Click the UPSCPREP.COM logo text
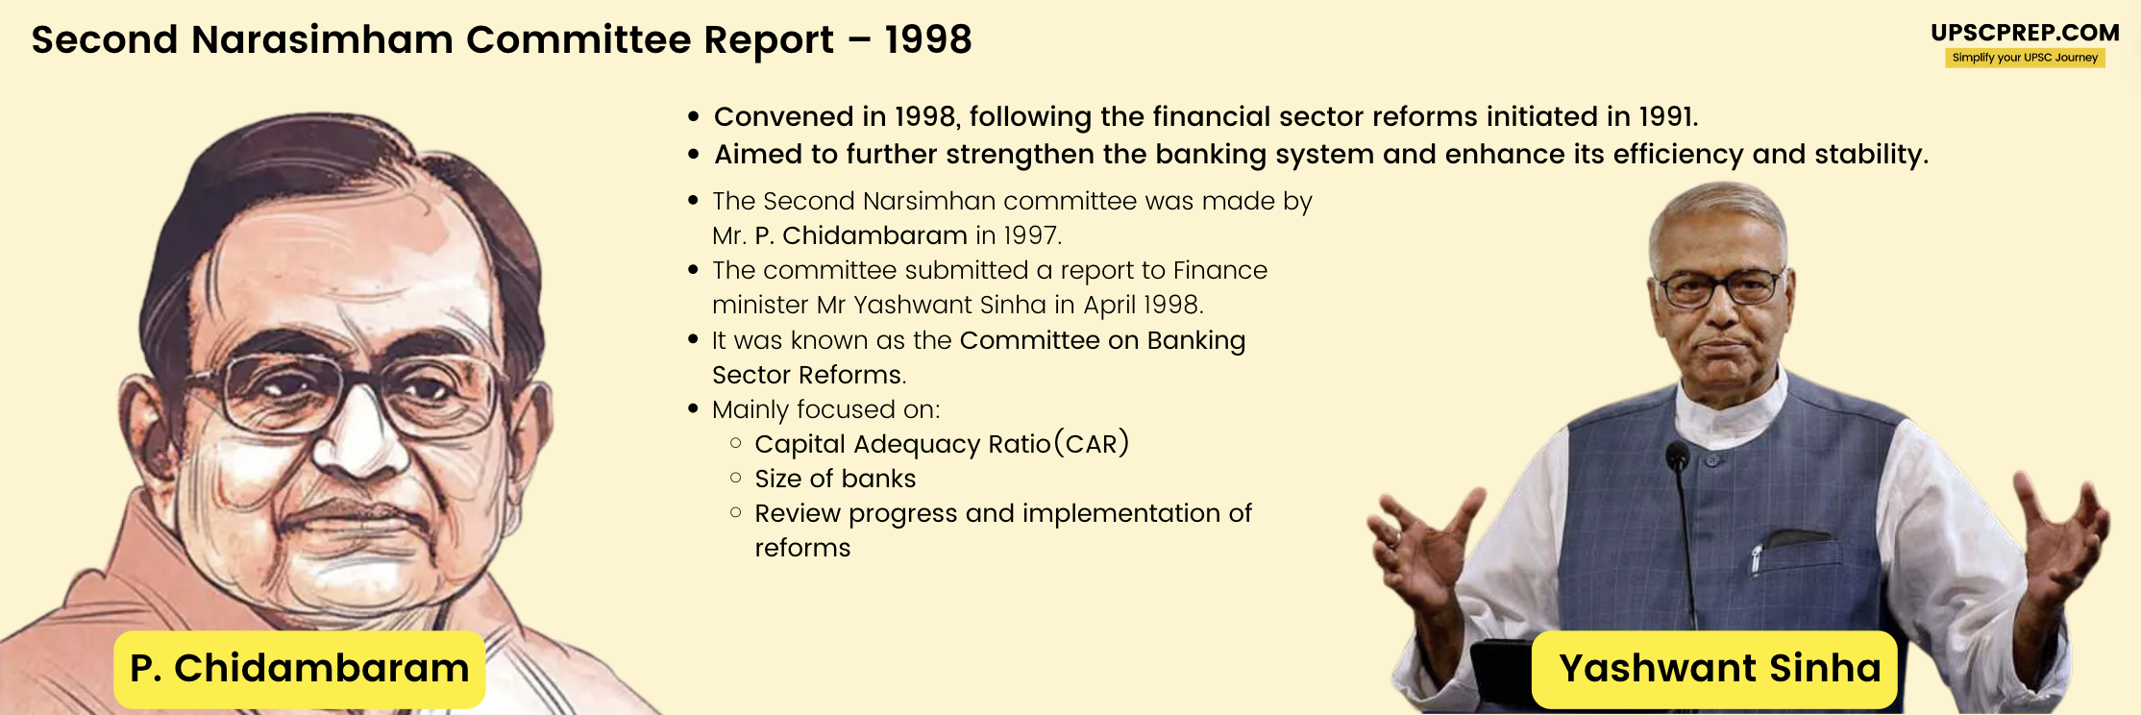tap(2025, 33)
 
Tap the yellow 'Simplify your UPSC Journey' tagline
tap(2025, 58)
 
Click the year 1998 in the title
tap(928, 40)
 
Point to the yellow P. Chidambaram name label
tap(299, 669)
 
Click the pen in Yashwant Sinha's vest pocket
tap(1757, 557)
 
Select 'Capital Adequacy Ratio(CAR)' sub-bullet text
tap(941, 444)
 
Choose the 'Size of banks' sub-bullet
tap(835, 479)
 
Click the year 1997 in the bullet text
tap(1031, 235)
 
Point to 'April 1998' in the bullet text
tap(1143, 305)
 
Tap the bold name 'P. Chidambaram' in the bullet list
tap(861, 235)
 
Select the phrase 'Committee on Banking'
tap(1102, 340)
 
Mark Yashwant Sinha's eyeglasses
tap(1720, 287)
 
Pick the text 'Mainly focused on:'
tap(825, 409)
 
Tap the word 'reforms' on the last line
tap(802, 548)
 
